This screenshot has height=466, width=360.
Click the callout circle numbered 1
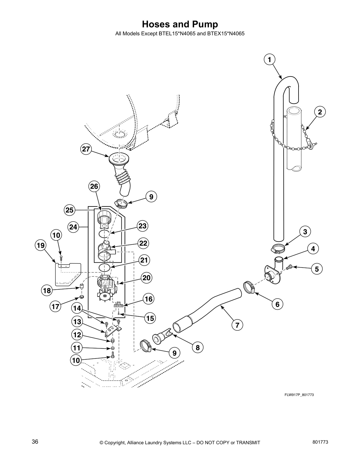click(269, 59)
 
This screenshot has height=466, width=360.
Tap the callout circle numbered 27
click(86, 149)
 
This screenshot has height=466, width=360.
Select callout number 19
click(41, 245)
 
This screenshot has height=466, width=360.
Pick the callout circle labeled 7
click(237, 325)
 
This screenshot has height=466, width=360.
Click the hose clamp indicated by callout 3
click(278, 249)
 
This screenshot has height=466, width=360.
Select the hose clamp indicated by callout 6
click(249, 287)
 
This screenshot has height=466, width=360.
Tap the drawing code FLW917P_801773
click(299, 395)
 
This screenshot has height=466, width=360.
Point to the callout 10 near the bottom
click(76, 360)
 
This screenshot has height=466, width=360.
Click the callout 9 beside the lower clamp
click(175, 353)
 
